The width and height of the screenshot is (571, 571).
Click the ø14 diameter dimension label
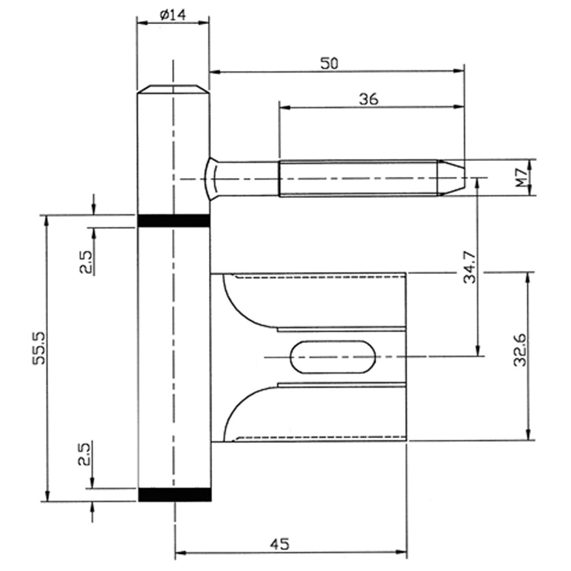point(173,15)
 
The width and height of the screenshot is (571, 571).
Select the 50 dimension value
point(329,63)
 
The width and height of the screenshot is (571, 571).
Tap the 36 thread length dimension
point(368,99)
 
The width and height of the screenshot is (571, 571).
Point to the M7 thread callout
point(521,178)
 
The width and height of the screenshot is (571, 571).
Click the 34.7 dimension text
point(470,267)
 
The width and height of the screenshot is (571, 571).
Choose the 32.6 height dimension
point(520,350)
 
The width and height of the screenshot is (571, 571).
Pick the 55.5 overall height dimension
point(39,347)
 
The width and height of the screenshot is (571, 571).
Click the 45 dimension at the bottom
point(279,544)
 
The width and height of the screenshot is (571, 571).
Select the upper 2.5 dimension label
point(87,263)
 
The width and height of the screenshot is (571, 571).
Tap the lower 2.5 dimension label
point(85,454)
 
